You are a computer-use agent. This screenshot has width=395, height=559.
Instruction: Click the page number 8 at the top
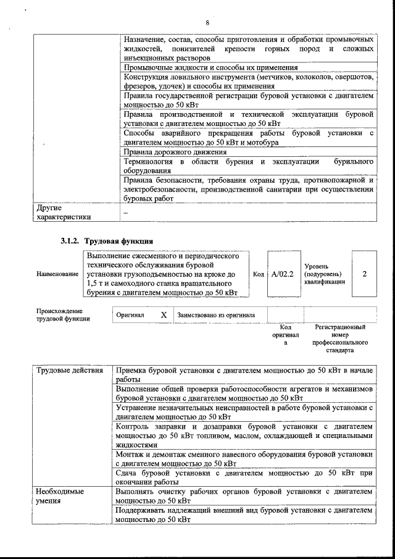click(207, 23)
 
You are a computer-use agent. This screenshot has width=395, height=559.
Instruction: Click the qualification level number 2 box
click(364, 273)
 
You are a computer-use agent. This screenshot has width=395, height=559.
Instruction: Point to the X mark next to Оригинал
click(164, 314)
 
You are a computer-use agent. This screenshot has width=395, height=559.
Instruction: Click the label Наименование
click(57, 274)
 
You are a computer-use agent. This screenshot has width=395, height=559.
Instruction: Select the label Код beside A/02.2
click(259, 274)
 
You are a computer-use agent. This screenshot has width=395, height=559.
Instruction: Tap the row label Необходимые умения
click(60, 496)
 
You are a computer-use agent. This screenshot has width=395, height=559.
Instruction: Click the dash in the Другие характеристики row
click(125, 212)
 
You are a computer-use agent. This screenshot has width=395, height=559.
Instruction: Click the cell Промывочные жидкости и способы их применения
click(210, 67)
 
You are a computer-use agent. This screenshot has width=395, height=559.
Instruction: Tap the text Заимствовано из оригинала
click(216, 314)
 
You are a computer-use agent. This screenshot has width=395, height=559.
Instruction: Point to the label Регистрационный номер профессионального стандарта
click(340, 338)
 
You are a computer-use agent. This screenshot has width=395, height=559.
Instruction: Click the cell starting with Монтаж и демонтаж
click(244, 458)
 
